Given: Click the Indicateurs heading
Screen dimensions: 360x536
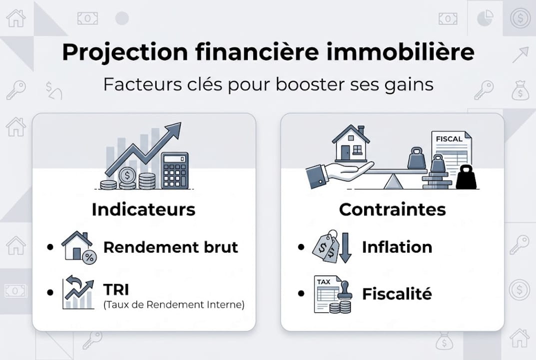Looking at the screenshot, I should (143, 209).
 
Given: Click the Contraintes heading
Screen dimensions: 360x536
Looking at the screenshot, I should (392, 209).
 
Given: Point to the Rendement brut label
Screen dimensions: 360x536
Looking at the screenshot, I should (170, 247).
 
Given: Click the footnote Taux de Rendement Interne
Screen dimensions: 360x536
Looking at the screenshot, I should (173, 304).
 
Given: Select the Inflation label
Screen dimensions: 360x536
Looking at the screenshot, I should (397, 247).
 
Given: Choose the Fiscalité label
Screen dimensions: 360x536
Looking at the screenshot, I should (397, 293).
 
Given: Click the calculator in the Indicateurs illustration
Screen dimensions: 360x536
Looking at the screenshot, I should (175, 170).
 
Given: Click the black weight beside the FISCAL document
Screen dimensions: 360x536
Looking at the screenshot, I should (467, 177).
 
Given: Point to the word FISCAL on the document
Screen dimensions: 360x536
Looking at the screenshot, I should (449, 139).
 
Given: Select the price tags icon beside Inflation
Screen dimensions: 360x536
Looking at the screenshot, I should (325, 246).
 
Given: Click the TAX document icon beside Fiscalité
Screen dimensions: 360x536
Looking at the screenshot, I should (329, 294).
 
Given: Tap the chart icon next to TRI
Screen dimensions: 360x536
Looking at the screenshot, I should (78, 293).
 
